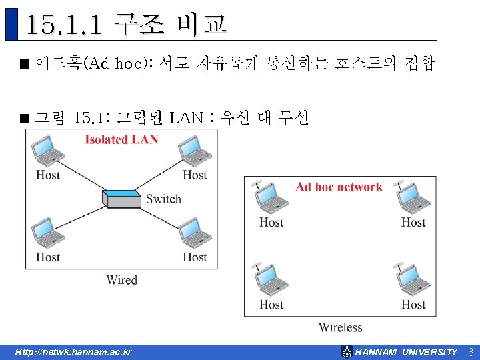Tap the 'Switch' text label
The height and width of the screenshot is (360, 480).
pyautogui.click(x=163, y=199)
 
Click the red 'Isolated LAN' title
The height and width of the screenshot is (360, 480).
pyautogui.click(x=121, y=139)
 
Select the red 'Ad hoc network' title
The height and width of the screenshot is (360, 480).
pyautogui.click(x=339, y=187)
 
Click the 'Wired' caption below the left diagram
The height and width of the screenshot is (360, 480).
pyautogui.click(x=121, y=280)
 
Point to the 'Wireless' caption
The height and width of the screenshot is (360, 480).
pyautogui.click(x=340, y=327)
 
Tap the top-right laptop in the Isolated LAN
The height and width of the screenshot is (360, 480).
pyautogui.click(x=195, y=152)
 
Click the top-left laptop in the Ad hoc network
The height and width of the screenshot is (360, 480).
pyautogui.click(x=271, y=197)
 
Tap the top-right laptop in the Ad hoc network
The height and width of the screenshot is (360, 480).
pyautogui.click(x=413, y=197)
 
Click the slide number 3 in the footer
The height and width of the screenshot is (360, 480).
pyautogui.click(x=470, y=352)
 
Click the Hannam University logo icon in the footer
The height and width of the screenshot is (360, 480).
pyautogui.click(x=347, y=352)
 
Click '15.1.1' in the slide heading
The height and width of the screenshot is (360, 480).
pyautogui.click(x=64, y=25)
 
